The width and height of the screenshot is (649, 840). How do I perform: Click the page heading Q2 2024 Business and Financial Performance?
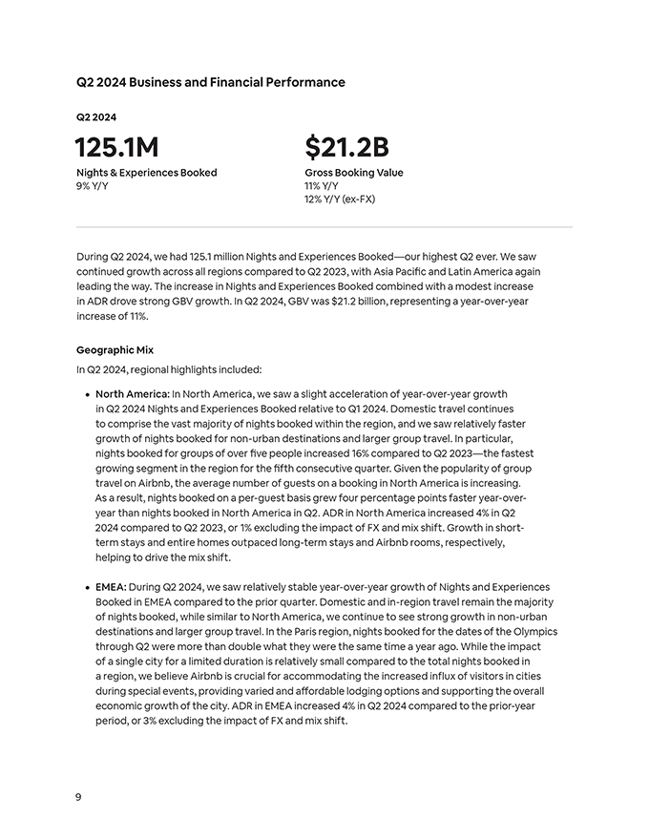210,82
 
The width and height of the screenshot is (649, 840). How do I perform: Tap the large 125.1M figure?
116,147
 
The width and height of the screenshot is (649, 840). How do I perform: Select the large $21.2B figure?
346,147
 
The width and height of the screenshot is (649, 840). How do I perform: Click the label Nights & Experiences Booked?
146,173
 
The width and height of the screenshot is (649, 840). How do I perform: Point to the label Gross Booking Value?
353,173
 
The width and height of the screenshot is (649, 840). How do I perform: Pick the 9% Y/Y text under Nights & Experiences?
92,185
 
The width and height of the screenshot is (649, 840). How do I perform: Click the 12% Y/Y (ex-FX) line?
340,199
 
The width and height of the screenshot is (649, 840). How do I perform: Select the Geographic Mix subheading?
115,350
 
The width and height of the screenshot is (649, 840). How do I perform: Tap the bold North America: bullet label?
133,393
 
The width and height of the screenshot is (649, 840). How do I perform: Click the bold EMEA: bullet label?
111,587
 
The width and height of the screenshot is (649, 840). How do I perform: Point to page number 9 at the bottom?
78,796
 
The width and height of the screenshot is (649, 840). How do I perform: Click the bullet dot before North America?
87,394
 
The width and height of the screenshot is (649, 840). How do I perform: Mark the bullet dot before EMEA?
87,587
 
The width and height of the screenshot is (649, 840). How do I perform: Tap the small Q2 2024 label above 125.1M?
96,117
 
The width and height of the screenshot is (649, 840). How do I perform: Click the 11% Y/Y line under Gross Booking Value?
321,185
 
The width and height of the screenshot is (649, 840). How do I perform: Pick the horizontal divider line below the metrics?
324,227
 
